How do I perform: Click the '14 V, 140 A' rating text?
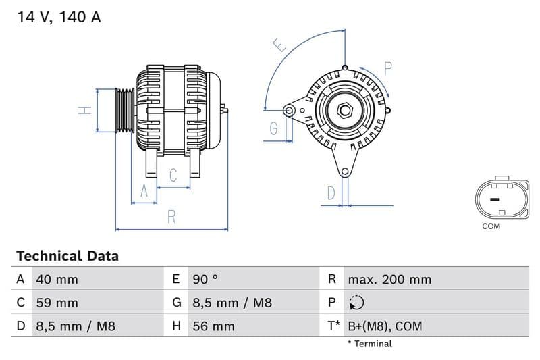pos(59,18)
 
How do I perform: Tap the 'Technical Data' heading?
pos(67,256)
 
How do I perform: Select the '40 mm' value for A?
pos(57,280)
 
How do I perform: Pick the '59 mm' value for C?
pos(57,303)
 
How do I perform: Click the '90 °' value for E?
pos(205,280)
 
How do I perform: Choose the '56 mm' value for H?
pos(213,327)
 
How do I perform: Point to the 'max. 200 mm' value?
pos(389,280)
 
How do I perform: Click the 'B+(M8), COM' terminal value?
pos(385,327)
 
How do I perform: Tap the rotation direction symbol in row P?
pos(356,303)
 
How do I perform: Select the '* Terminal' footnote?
pos(369,344)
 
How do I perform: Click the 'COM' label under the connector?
pos(491,226)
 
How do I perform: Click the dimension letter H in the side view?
pos(84,110)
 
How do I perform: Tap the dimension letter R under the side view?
pos(171,217)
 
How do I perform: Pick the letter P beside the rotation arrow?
pos(388,68)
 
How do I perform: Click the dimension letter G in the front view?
pos(274,128)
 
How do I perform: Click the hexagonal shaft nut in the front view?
pos(345,110)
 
